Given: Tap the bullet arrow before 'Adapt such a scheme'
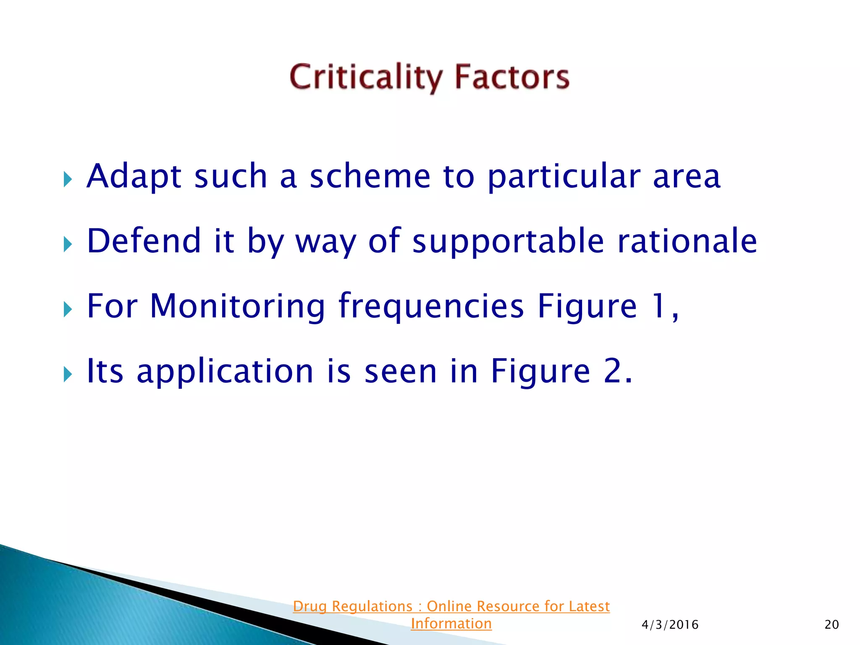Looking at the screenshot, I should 68,179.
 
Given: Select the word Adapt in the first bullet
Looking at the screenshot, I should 134,176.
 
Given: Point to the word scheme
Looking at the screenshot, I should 370,176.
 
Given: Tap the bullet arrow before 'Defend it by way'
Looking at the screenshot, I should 68,244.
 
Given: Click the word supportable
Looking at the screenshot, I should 508,241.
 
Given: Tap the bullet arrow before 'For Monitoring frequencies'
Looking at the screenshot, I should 68,309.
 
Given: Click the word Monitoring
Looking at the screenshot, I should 237,307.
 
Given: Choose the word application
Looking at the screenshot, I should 225,372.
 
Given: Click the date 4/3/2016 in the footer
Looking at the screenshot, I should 670,625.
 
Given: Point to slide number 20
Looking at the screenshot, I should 831,625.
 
